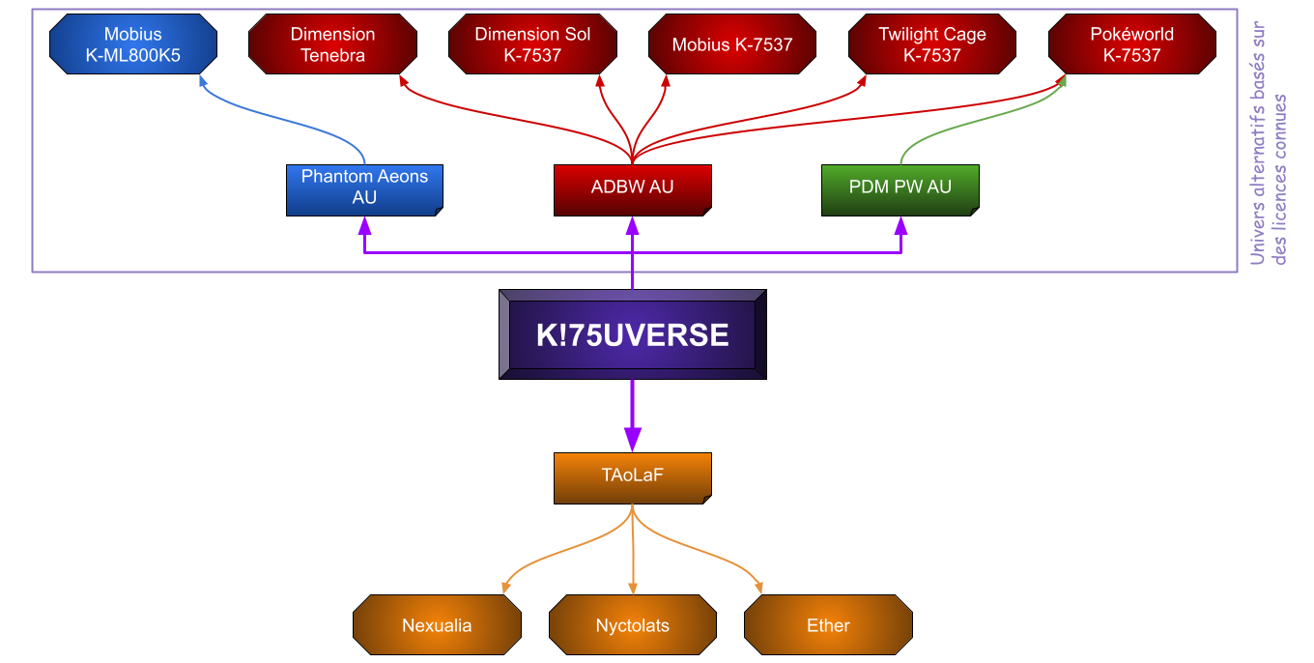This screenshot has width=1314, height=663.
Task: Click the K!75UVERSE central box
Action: click(x=632, y=334)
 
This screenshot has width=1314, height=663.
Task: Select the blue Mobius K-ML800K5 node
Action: click(x=133, y=44)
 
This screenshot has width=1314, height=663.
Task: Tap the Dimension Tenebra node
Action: click(x=332, y=44)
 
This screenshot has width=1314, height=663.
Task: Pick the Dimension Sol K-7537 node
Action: click(x=532, y=44)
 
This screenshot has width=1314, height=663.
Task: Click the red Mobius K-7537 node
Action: click(x=732, y=44)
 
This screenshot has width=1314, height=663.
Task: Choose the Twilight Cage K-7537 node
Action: click(x=932, y=44)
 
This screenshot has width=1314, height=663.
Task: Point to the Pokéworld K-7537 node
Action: click(x=1131, y=44)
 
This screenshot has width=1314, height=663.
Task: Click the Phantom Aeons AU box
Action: click(x=364, y=188)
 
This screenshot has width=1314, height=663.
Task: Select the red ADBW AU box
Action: click(x=633, y=188)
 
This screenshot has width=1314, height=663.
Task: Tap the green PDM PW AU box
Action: click(x=900, y=188)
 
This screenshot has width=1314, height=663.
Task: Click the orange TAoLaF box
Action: click(x=633, y=476)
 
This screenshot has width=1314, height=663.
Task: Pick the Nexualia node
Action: click(x=437, y=625)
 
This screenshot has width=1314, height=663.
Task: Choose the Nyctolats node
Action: click(x=633, y=625)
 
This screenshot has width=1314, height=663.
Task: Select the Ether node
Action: click(x=828, y=625)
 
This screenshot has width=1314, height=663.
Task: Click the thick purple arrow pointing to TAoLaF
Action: click(x=633, y=416)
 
